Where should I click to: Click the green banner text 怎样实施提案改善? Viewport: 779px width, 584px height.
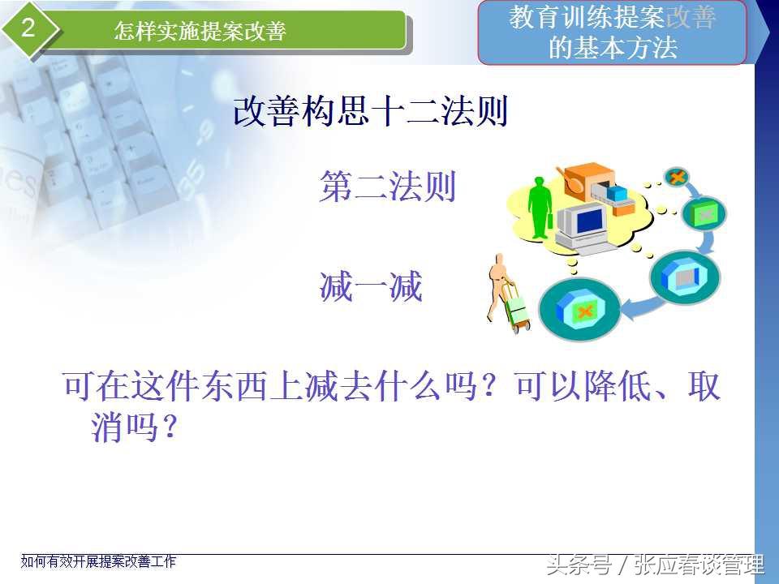click(x=200, y=31)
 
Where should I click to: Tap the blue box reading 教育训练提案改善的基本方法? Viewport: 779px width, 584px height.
click(x=612, y=32)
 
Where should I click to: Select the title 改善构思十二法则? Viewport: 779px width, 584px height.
click(x=371, y=111)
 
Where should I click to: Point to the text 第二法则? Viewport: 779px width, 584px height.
click(x=388, y=187)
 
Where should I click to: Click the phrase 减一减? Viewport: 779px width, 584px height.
click(x=371, y=286)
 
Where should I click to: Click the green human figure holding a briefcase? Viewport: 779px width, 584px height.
click(x=540, y=208)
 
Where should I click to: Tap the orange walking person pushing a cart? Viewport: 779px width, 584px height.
click(x=497, y=287)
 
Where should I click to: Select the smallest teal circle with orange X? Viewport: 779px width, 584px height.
click(x=676, y=177)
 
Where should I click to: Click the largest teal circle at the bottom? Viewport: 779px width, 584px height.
click(x=579, y=309)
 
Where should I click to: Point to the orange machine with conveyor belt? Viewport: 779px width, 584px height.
click(x=598, y=189)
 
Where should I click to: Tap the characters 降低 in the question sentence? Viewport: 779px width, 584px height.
click(x=618, y=386)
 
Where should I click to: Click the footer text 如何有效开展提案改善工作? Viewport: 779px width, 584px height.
click(x=98, y=561)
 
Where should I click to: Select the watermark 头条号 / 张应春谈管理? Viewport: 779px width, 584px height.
click(x=655, y=565)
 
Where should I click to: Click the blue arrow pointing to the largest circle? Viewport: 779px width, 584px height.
click(x=643, y=307)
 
